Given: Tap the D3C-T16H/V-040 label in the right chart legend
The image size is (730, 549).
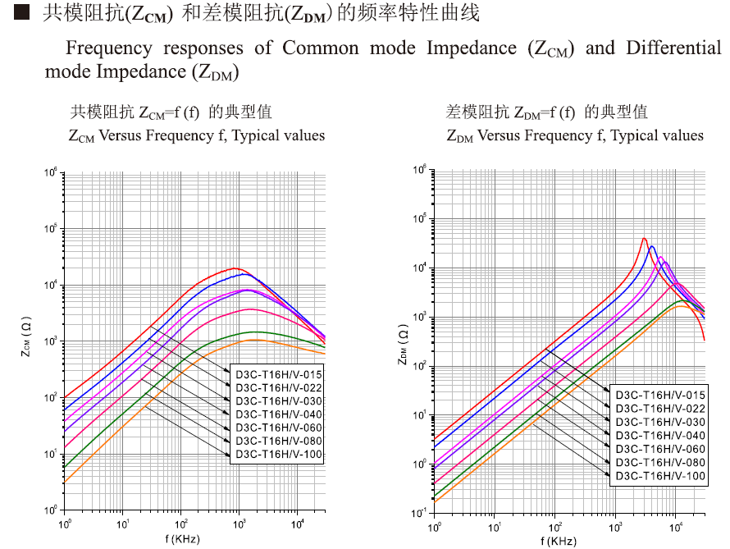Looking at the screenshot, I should point(660,434).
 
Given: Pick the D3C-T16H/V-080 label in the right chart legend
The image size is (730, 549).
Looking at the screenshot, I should point(660,462).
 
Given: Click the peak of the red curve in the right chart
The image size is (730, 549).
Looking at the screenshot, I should point(645,238).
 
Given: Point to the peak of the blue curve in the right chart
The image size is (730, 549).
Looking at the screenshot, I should point(652,246).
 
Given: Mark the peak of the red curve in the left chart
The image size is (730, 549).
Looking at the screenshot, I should point(236,268).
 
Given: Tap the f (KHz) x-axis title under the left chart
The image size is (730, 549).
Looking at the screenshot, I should point(182,539).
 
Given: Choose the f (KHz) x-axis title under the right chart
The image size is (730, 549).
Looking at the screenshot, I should point(559,541).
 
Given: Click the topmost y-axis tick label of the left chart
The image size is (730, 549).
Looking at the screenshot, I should point(51,173).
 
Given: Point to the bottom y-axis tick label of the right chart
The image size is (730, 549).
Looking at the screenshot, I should point(422,513).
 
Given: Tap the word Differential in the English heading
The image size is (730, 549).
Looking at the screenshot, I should point(673,48).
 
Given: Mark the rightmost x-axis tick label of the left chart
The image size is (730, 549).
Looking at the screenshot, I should point(300,524).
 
